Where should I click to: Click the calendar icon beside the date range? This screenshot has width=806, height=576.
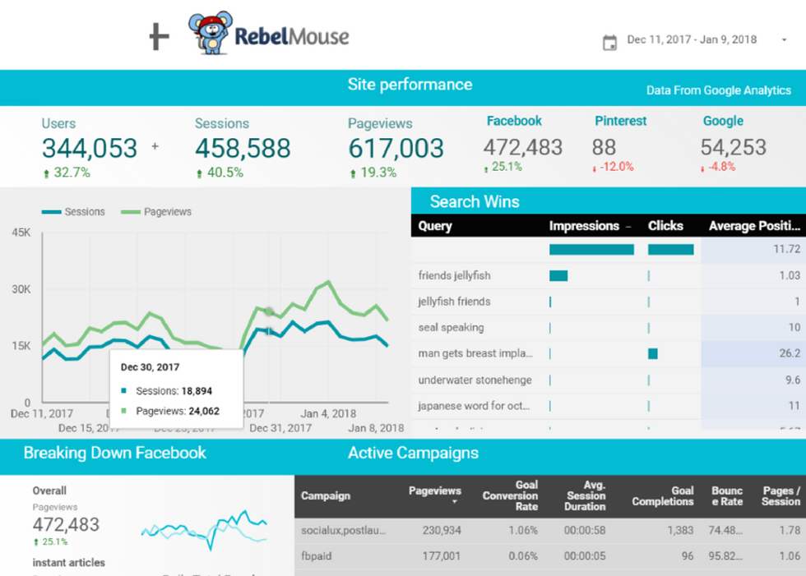coord(609,42)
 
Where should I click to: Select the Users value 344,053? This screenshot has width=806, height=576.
coord(90,149)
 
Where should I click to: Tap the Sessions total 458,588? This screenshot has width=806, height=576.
coord(243,149)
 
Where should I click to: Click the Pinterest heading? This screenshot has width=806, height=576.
coord(620,121)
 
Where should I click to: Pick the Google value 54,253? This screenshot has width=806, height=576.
coord(733,148)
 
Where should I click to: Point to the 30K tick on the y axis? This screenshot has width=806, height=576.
coord(21,289)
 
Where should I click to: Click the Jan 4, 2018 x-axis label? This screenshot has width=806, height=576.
coord(327,414)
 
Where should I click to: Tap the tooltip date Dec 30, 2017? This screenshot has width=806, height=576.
coord(150,367)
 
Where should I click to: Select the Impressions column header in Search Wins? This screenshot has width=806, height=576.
coord(584,226)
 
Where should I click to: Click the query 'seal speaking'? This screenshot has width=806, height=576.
coord(451,328)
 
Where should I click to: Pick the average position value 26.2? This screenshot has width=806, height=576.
coord(790,353)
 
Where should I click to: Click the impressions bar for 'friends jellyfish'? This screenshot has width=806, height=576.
coord(558,276)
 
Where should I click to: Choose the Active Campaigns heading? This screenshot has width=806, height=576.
coord(413,453)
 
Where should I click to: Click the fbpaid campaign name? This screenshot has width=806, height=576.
coord(317,556)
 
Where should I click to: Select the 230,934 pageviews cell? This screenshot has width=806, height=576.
coord(438,531)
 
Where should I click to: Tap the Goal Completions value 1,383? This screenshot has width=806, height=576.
coord(679,531)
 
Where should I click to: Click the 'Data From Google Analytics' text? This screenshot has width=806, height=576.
coord(718,90)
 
